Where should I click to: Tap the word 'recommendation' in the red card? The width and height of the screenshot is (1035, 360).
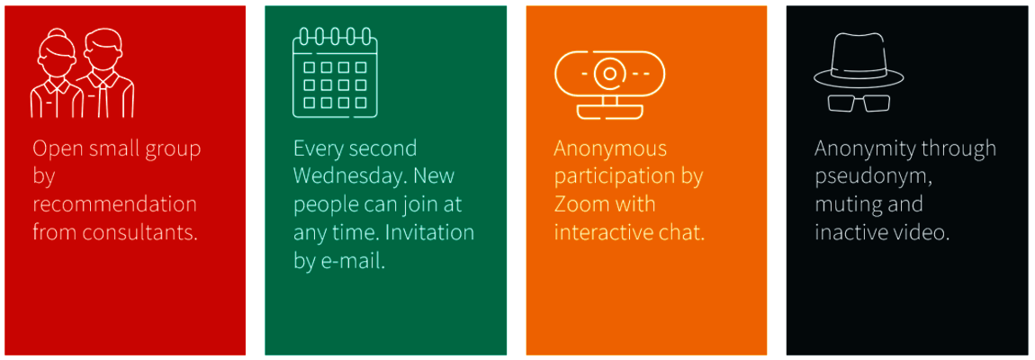tap(115, 204)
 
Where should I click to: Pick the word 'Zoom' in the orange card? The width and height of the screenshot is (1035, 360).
tap(580, 204)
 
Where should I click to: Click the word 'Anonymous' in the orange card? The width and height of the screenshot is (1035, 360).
tap(610, 148)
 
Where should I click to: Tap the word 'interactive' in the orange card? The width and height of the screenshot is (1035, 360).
tap(610, 232)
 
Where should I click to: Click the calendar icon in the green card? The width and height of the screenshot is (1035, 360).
tap(336, 72)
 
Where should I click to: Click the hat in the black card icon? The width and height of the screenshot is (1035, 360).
tap(856, 59)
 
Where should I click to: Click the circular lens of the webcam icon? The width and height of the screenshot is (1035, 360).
tap(610, 72)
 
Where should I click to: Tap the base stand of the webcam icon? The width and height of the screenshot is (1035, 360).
tap(609, 111)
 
